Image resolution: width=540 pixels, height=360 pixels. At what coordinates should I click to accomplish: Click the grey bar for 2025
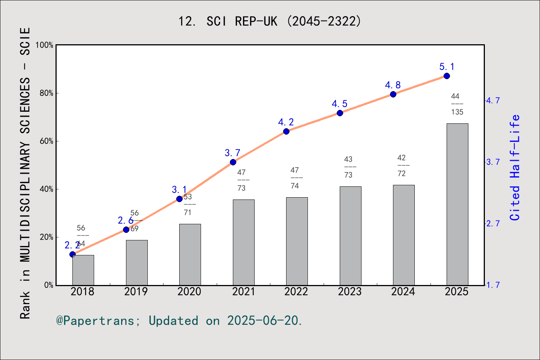click(x=457, y=204)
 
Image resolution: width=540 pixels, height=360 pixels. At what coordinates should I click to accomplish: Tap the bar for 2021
click(x=243, y=242)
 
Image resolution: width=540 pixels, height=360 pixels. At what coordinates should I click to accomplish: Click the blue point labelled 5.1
click(x=447, y=76)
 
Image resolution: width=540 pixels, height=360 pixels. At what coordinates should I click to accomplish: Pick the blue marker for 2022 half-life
click(x=286, y=131)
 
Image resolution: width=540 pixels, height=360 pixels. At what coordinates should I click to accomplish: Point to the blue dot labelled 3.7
click(x=233, y=162)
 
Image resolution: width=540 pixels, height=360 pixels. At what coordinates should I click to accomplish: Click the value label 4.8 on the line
click(x=393, y=85)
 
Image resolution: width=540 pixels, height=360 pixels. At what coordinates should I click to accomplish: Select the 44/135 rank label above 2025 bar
click(x=457, y=104)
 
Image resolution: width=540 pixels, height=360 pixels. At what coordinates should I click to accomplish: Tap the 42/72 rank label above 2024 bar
click(x=402, y=165)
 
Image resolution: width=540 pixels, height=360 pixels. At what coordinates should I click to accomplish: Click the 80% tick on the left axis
click(x=46, y=93)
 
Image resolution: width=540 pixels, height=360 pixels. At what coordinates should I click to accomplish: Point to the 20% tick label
click(x=46, y=237)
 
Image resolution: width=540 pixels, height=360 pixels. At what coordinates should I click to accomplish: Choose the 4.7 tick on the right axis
click(x=493, y=100)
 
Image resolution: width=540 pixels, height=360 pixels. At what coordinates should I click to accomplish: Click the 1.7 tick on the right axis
click(x=493, y=285)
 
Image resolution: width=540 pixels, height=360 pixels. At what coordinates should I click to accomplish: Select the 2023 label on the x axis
click(x=349, y=292)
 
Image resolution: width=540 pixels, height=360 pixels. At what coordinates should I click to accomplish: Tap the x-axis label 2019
click(x=136, y=292)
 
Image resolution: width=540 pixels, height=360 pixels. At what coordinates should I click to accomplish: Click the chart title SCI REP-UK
click(x=270, y=21)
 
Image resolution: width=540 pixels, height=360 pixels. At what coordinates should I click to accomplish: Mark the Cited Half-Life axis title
click(x=515, y=168)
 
